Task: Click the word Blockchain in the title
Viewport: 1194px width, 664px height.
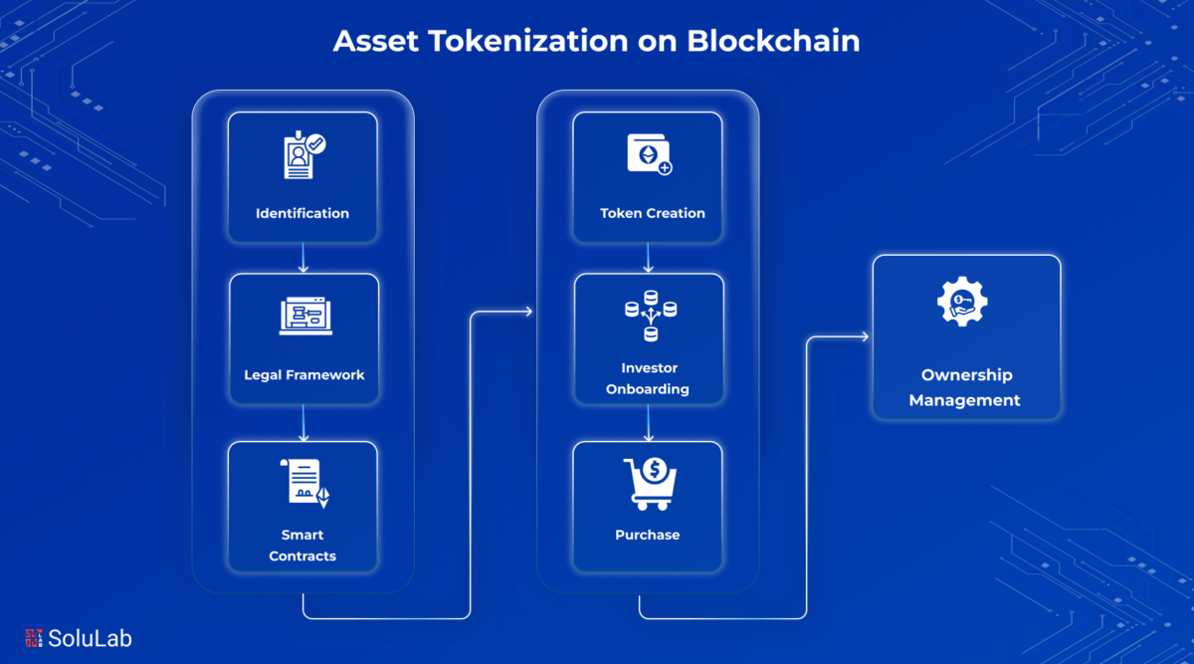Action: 773,41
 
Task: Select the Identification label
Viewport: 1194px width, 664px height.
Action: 302,213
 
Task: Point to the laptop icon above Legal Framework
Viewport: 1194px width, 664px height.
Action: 305,316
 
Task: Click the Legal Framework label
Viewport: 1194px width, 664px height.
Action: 304,375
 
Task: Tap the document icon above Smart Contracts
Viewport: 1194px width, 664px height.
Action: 304,483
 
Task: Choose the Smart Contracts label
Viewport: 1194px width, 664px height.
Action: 302,546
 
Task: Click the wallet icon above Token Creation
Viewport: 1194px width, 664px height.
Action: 649,154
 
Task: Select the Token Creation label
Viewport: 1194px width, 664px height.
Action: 653,213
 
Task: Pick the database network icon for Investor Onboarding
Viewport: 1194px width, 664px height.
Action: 651,316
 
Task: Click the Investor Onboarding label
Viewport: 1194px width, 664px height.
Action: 648,378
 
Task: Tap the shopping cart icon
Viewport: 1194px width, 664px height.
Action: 651,484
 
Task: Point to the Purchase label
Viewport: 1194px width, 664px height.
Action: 648,535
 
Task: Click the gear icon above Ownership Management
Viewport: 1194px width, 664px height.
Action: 962,302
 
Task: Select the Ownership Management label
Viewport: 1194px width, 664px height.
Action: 965,387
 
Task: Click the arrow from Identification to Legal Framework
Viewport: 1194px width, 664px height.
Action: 303,258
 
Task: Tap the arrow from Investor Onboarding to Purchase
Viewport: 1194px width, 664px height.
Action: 648,423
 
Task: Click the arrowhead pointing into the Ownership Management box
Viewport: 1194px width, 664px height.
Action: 865,336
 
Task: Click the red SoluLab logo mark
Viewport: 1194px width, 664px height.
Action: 34,638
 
